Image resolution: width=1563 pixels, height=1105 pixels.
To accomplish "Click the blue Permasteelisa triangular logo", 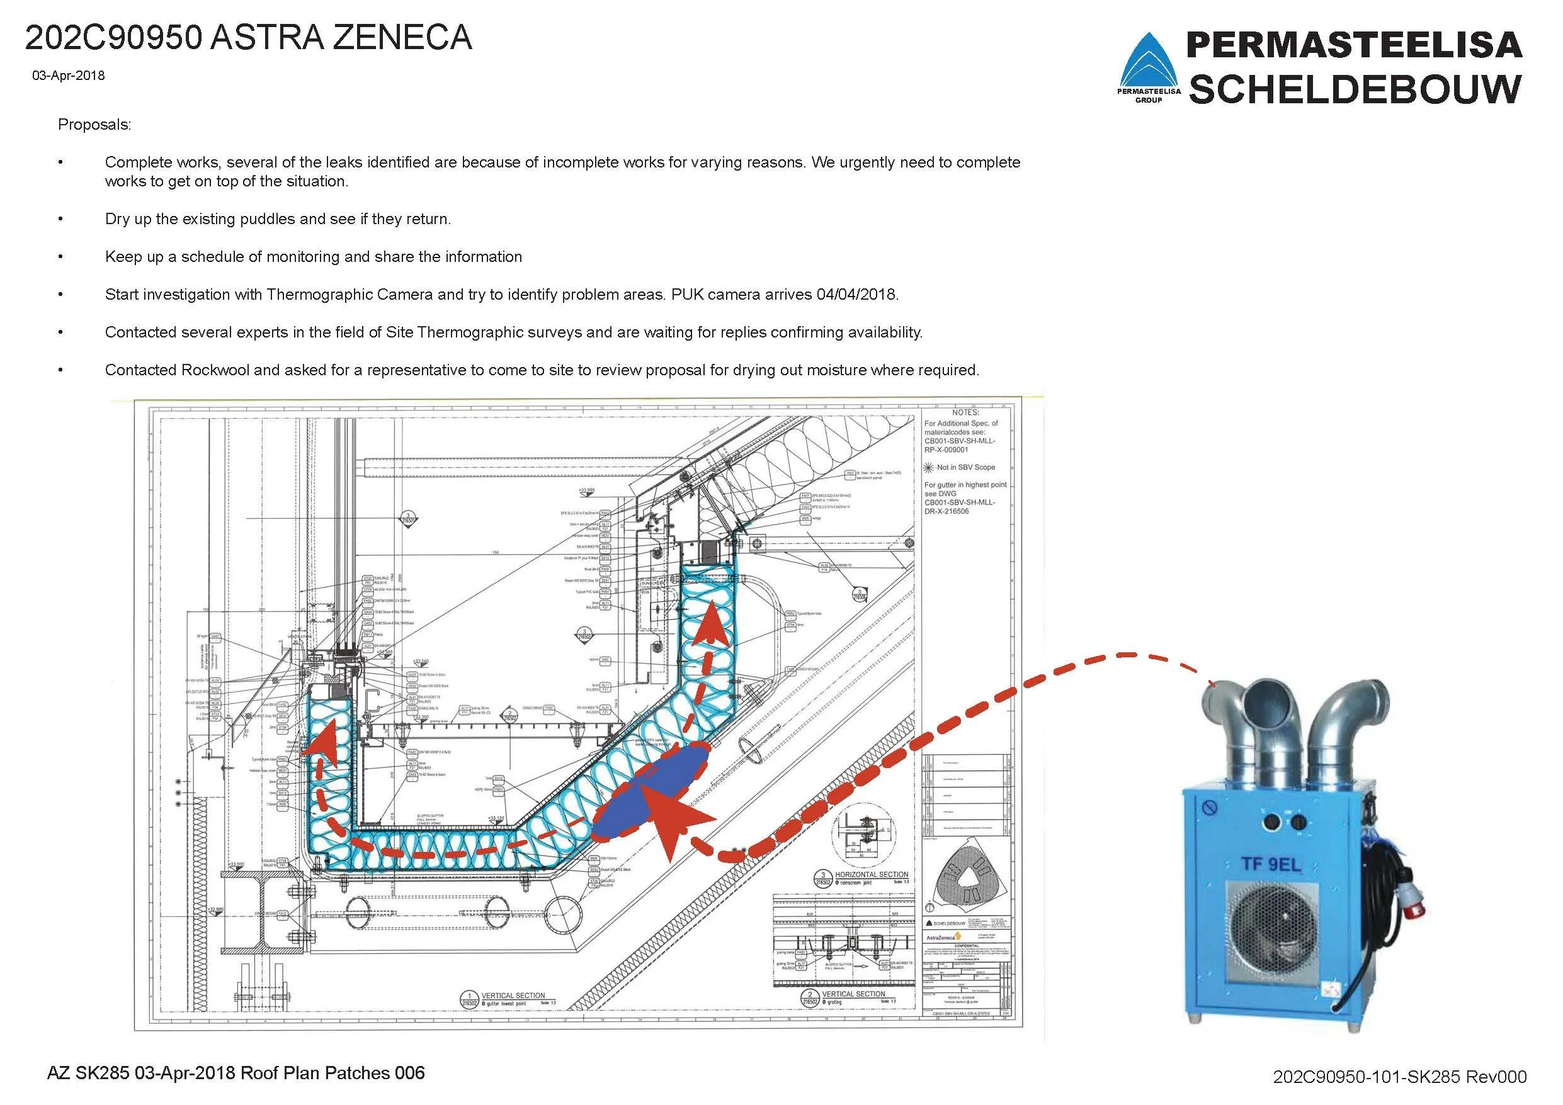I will pyautogui.click(x=1150, y=65).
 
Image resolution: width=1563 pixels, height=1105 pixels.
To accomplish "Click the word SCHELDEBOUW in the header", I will pyautogui.click(x=1355, y=89).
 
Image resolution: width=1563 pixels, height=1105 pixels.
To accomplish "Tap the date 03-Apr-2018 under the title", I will pyautogui.click(x=68, y=76).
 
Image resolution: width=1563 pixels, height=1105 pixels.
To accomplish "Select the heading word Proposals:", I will pyautogui.click(x=94, y=125).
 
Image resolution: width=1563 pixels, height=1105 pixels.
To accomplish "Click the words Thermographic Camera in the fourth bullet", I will pyautogui.click(x=350, y=295).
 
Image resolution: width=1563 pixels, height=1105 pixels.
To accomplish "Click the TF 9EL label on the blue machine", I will pyautogui.click(x=1270, y=865).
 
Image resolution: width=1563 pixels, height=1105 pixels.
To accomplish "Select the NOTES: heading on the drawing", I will pyautogui.click(x=965, y=412).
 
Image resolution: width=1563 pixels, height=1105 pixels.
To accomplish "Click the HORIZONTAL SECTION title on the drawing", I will pyautogui.click(x=871, y=874).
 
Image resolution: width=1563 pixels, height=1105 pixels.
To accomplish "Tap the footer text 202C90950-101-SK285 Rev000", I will pyautogui.click(x=1400, y=1077).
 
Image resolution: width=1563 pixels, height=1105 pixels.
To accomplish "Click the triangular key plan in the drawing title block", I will pyautogui.click(x=966, y=878).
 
